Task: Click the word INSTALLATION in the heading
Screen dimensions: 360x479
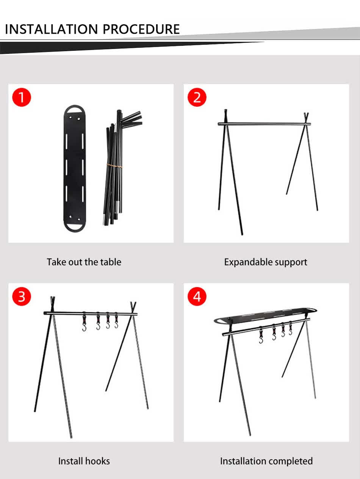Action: coord(51,29)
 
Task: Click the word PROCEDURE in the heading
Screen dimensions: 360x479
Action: coord(141,29)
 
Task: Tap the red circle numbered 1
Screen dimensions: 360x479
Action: coord(22,97)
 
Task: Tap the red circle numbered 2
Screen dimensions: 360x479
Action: coord(197,97)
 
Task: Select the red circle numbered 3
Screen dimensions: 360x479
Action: coord(22,296)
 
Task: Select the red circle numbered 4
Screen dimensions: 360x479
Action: coord(197,296)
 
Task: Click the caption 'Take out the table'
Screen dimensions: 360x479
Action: coord(84,262)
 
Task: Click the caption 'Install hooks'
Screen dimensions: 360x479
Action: coord(84,461)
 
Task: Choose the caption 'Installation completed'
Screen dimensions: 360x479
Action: coord(266,462)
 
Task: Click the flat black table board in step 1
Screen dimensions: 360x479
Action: coord(75,168)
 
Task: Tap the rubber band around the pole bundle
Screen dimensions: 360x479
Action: coord(114,166)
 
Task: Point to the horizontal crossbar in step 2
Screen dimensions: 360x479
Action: coord(264,124)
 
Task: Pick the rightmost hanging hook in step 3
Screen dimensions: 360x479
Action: coord(116,320)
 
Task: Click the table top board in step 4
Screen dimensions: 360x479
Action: coord(265,316)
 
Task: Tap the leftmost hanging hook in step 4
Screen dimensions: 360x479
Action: coord(261,335)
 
